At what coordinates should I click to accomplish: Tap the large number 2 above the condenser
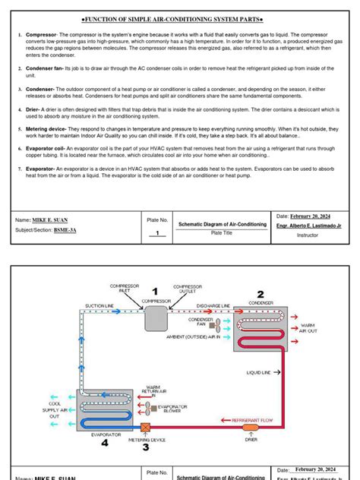coord(260,295)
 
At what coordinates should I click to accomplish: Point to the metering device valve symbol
coord(145,428)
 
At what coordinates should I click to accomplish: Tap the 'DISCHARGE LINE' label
coord(213,305)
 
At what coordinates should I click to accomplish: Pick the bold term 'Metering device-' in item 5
coord(48,130)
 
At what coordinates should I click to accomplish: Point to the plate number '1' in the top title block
coord(157,234)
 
